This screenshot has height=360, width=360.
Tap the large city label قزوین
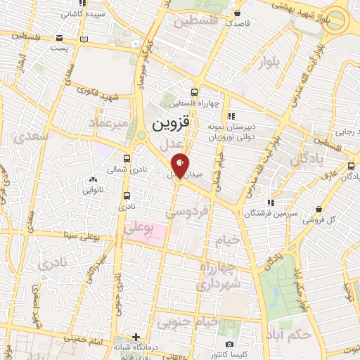point(171,124)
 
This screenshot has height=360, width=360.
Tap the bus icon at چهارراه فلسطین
point(195,91)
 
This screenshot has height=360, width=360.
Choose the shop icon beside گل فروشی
point(320,209)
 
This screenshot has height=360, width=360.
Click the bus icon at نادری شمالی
point(126,158)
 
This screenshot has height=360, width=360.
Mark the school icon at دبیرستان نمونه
point(231,117)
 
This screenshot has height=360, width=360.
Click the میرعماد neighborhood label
point(108,124)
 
